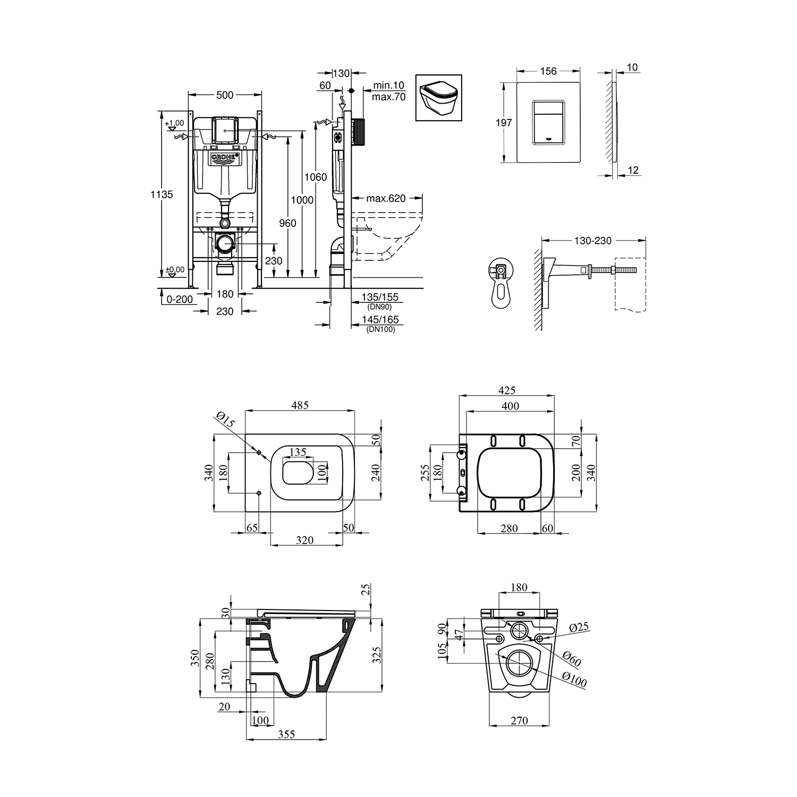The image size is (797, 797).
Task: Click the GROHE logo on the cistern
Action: (226, 158)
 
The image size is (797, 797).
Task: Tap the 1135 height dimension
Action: (161, 195)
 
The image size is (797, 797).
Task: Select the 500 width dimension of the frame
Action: (225, 95)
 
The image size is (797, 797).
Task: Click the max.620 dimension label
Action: (386, 199)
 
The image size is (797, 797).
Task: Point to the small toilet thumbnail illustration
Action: (439, 98)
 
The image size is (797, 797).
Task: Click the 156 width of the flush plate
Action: (548, 71)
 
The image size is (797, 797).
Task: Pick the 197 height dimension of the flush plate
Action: (504, 123)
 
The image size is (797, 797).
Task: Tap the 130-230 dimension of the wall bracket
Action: (593, 241)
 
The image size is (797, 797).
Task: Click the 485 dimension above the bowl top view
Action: (300, 405)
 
